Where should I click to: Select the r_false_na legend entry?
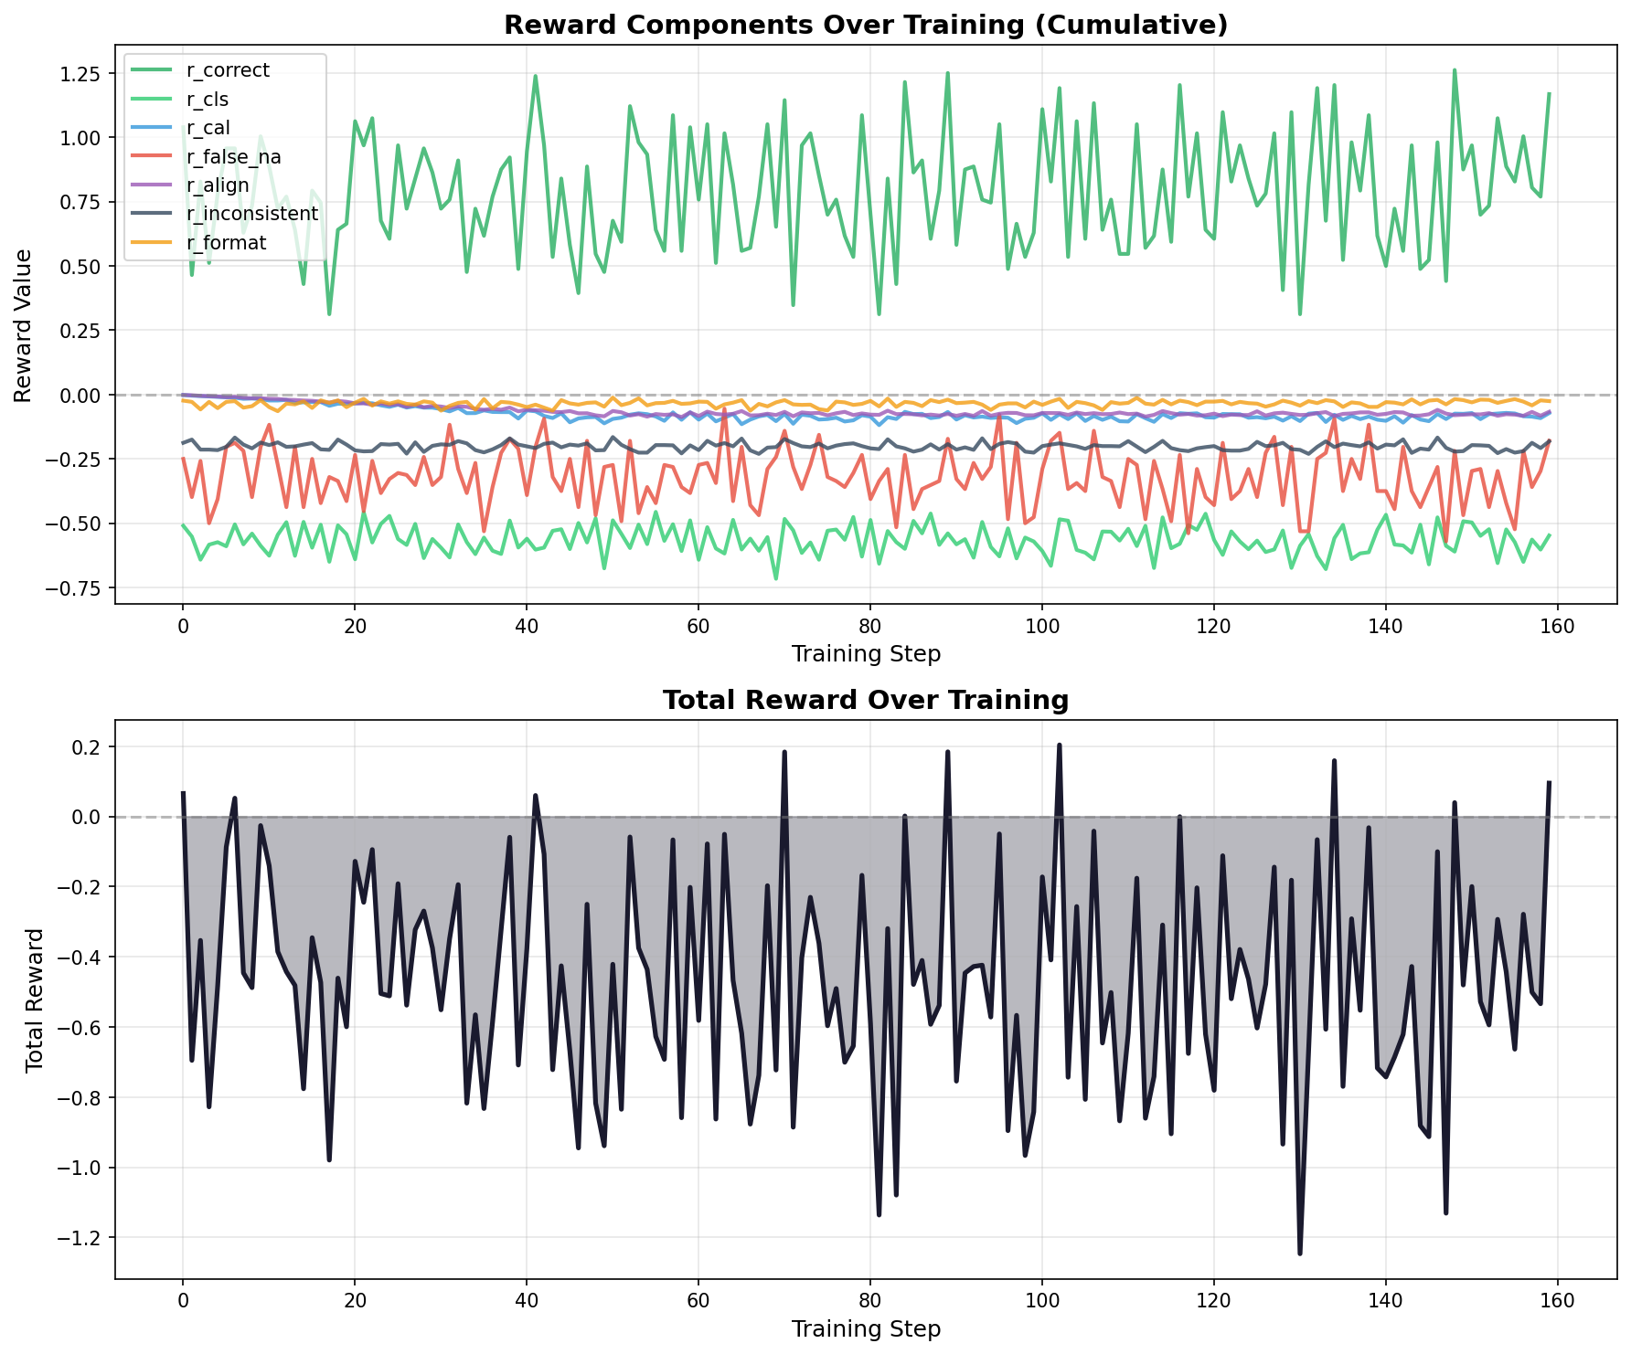[x=227, y=157]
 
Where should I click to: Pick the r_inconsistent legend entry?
[x=245, y=215]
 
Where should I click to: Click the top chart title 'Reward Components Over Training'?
[x=865, y=26]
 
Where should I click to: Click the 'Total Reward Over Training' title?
[x=865, y=700]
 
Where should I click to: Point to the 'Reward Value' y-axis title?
[x=24, y=325]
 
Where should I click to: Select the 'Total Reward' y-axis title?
[x=35, y=999]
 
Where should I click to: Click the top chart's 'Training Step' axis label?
[x=865, y=654]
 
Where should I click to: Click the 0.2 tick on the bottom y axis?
[x=95, y=747]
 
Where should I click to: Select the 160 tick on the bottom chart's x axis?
[x=1557, y=1301]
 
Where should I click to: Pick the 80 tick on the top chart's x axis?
[x=869, y=627]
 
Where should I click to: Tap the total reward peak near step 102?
[x=1059, y=746]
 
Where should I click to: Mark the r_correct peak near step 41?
[x=535, y=77]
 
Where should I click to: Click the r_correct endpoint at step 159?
[x=1549, y=94]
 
